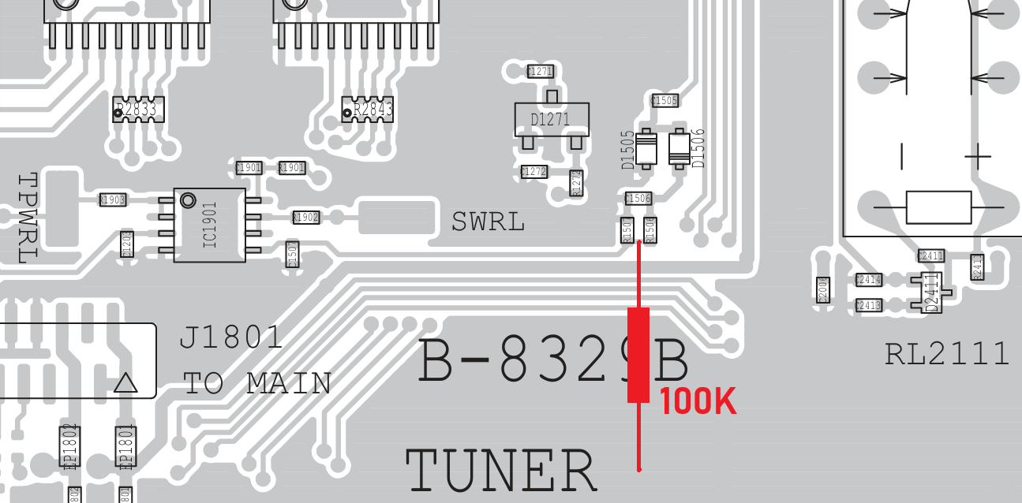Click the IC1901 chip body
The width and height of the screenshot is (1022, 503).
click(209, 225)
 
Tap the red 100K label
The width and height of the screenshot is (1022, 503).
click(698, 402)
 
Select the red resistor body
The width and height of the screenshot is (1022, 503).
click(638, 355)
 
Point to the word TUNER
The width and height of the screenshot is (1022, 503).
click(500, 471)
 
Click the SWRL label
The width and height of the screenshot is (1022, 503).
click(488, 222)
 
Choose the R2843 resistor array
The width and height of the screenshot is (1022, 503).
click(368, 110)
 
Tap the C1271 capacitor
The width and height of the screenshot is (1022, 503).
click(540, 72)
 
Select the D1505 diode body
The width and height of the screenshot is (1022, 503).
click(646, 148)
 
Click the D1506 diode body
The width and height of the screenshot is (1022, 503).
click(678, 148)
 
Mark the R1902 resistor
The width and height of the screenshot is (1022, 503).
click(305, 218)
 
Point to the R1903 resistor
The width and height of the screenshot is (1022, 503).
click(112, 200)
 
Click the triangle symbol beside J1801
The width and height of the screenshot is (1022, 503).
click(126, 383)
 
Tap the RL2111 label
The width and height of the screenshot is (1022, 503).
click(947, 354)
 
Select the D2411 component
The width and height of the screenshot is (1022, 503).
click(932, 291)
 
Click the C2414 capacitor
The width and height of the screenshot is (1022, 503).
click(869, 280)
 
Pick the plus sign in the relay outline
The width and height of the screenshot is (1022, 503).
click(977, 156)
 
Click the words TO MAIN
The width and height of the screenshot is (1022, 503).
click(257, 384)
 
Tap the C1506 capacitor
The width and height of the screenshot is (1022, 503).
click(638, 199)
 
